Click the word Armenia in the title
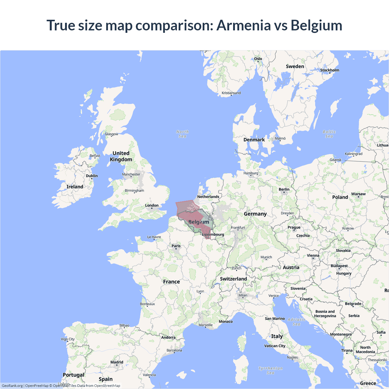pyautogui.click(x=243, y=25)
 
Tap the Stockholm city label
pyautogui.click(x=329, y=70)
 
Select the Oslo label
pyautogui.click(x=258, y=59)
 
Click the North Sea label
pyautogui.click(x=182, y=134)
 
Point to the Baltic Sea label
pyautogui.click(x=329, y=134)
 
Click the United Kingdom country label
pyautogui.click(x=121, y=156)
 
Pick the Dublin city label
pyautogui.click(x=92, y=176)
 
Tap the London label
pyautogui.click(x=152, y=205)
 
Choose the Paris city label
pyautogui.click(x=176, y=246)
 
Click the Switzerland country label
pyautogui.click(x=233, y=279)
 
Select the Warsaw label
pyautogui.click(x=358, y=194)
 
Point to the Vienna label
pyautogui.click(x=313, y=256)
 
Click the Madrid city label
pyautogui.click(x=117, y=362)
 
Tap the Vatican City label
pyautogui.click(x=275, y=346)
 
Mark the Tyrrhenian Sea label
pyautogui.click(x=270, y=370)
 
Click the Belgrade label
pyautogui.click(x=353, y=304)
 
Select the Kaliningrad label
pyautogui.click(x=353, y=154)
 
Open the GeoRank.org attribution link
pyautogui.click(x=12, y=386)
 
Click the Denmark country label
pyautogui.click(x=254, y=140)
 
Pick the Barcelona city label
pyautogui.click(x=174, y=350)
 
